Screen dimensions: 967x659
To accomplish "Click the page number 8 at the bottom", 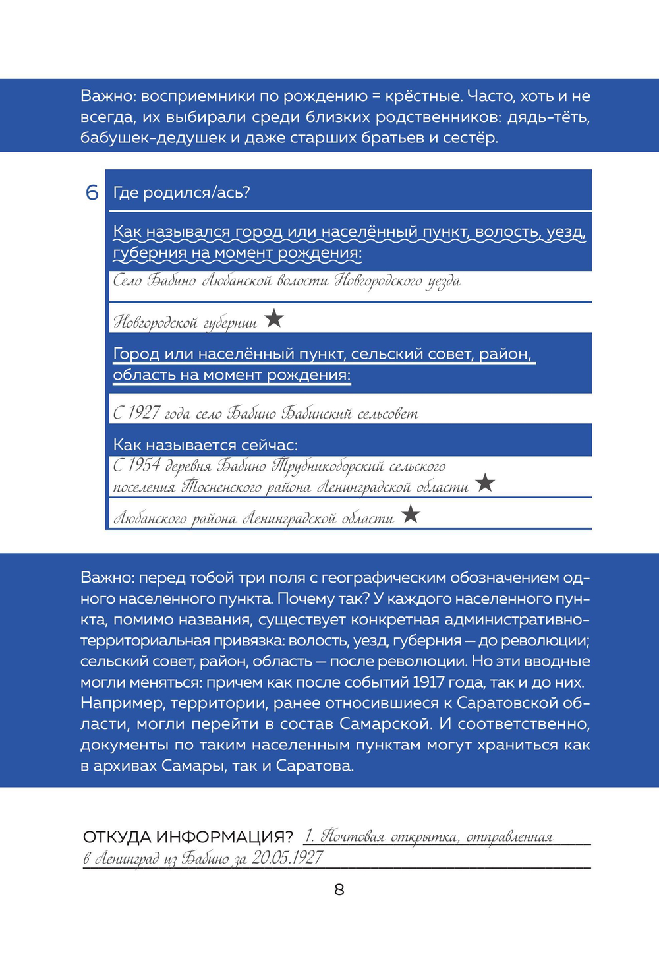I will point(339,889).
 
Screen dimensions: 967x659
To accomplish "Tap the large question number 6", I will point(92,192).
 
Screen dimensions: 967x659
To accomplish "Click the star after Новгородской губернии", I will point(274,319).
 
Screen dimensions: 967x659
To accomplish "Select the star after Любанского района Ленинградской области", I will point(411,513).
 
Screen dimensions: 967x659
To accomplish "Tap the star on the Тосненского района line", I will point(485,483).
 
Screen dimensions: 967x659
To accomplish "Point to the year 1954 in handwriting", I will point(144,465).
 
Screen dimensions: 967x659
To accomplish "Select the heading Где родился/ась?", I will point(182,192).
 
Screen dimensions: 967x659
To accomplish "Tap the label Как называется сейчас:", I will point(205,444).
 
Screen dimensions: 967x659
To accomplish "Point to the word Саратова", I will point(314,766).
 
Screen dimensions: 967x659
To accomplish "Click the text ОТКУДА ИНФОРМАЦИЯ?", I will point(188,837).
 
